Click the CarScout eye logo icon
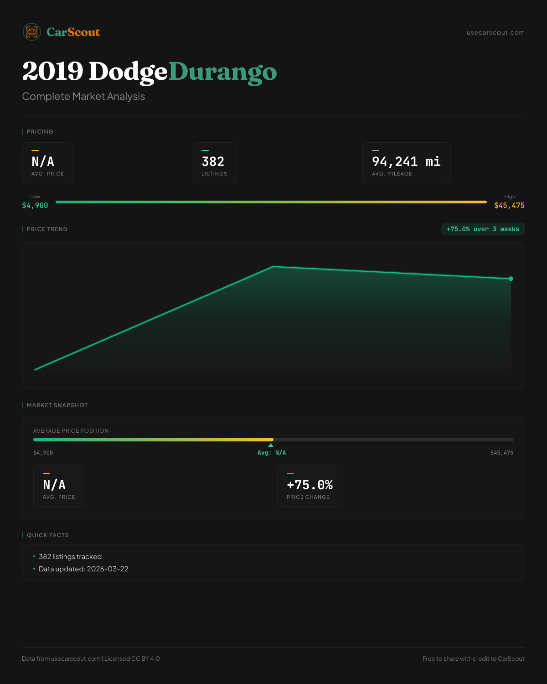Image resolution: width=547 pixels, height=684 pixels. point(32,32)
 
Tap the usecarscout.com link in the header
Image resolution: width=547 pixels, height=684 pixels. point(495,32)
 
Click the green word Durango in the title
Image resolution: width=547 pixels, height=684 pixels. point(222,72)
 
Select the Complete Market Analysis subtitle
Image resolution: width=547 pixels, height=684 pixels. point(83,97)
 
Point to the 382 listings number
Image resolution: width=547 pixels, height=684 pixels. point(213,162)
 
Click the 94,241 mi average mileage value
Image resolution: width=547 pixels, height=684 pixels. point(406,162)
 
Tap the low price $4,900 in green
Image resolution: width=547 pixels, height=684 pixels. point(35,206)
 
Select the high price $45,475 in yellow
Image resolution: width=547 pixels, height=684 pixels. point(509,206)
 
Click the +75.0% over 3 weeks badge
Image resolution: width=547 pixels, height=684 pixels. point(483,229)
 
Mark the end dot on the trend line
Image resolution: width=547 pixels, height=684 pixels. point(511,279)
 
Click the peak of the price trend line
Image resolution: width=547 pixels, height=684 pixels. point(273,267)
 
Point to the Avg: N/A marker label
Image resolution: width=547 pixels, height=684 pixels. point(272,453)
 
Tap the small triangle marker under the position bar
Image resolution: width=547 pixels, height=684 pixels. point(271,445)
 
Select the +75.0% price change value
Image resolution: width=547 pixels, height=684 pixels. point(310,485)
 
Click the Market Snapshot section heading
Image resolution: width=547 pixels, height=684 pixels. point(57,405)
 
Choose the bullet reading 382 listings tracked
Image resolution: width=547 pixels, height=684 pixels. point(70,557)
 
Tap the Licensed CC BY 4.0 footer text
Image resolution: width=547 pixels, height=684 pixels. point(132,659)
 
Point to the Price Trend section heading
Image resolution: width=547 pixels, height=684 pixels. point(47,229)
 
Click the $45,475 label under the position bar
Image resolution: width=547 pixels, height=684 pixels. point(501,453)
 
